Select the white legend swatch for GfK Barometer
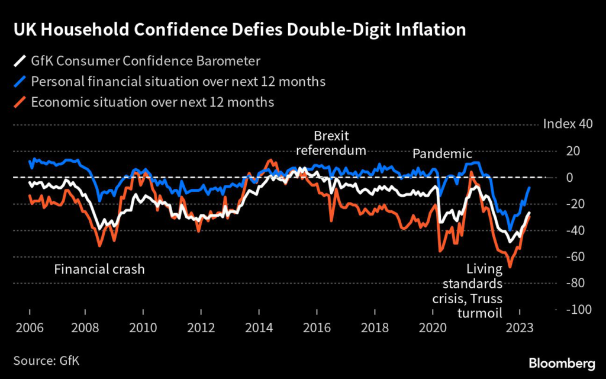20,61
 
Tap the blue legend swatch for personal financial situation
20,81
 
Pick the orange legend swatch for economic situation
20,102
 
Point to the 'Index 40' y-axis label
568,124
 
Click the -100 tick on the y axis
580,310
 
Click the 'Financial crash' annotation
99,270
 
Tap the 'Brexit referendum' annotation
331,143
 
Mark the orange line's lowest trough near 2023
510,267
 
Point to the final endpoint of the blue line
529,187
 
